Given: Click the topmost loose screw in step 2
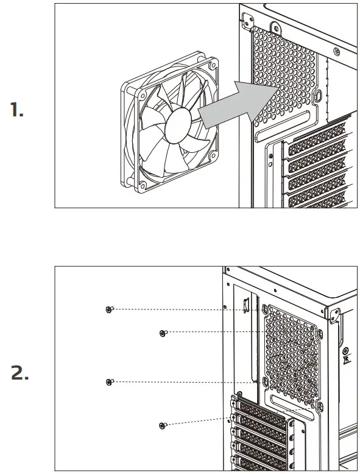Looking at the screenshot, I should [x=108, y=310].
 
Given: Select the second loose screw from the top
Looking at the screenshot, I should [x=162, y=333].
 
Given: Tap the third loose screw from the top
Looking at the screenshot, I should [x=108, y=382].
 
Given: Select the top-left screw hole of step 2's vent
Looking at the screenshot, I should [x=265, y=310].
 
